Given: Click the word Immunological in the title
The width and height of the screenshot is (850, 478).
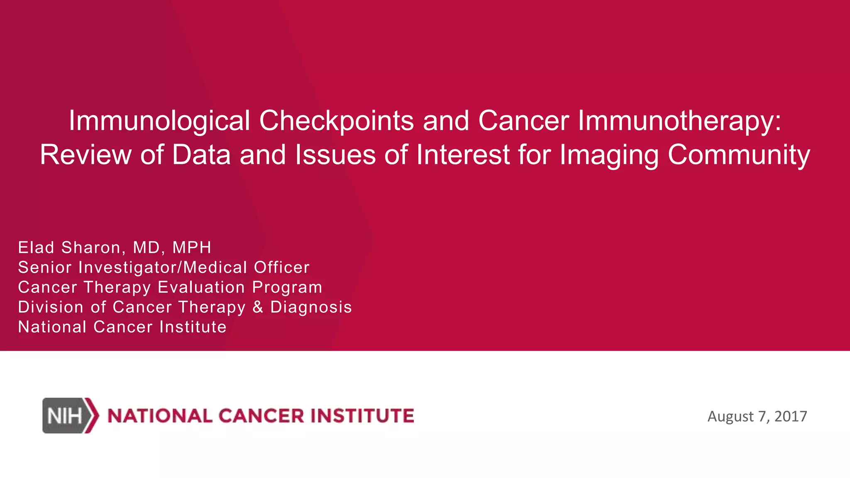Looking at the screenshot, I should pyautogui.click(x=159, y=121).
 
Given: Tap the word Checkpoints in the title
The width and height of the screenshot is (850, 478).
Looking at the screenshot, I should pyautogui.click(x=336, y=121).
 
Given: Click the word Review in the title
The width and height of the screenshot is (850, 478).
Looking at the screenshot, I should pyautogui.click(x=85, y=155).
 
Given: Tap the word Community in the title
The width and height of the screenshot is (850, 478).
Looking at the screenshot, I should pyautogui.click(x=739, y=155).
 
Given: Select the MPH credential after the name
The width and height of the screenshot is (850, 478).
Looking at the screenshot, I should pyautogui.click(x=192, y=247).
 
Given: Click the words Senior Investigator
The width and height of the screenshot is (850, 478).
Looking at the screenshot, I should pyautogui.click(x=97, y=267).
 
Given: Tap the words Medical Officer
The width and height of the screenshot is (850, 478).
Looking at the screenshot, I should pyautogui.click(x=246, y=267).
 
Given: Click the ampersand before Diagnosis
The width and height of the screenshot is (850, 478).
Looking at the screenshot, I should pyautogui.click(x=258, y=307).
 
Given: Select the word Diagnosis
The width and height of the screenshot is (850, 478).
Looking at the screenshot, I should pyautogui.click(x=311, y=307).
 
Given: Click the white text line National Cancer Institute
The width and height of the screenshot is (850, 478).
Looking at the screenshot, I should pyautogui.click(x=122, y=327).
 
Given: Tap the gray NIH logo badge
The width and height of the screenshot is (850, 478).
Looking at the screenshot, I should pyautogui.click(x=64, y=416).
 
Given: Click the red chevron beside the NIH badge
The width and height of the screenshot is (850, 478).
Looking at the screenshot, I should pyautogui.click(x=93, y=415).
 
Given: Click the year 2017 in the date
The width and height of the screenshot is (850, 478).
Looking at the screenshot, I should pyautogui.click(x=790, y=416).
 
